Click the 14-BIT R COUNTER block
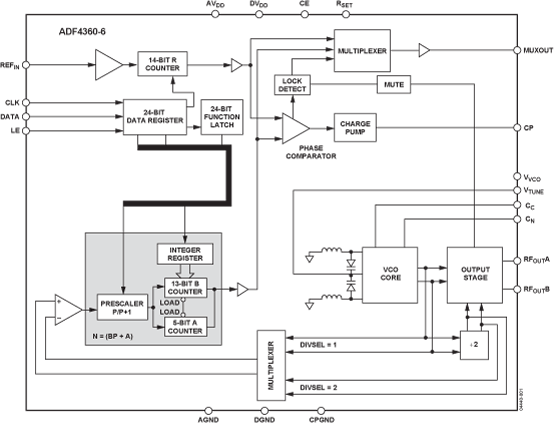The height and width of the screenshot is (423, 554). tap(162, 63)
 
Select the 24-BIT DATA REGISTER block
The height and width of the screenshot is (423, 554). tap(159, 113)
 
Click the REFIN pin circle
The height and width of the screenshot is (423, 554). tap(27, 65)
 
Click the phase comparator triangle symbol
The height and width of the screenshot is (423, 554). tap(295, 127)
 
